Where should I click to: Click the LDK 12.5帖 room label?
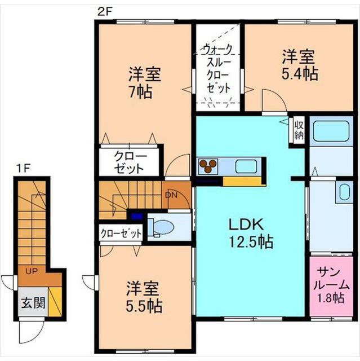250,233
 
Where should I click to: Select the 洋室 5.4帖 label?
299,65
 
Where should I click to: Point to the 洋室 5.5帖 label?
144,298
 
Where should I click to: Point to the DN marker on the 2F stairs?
171,196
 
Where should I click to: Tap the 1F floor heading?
22,168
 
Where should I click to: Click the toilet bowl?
164,227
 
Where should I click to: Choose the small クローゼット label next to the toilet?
121,233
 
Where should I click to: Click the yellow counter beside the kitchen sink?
244,182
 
